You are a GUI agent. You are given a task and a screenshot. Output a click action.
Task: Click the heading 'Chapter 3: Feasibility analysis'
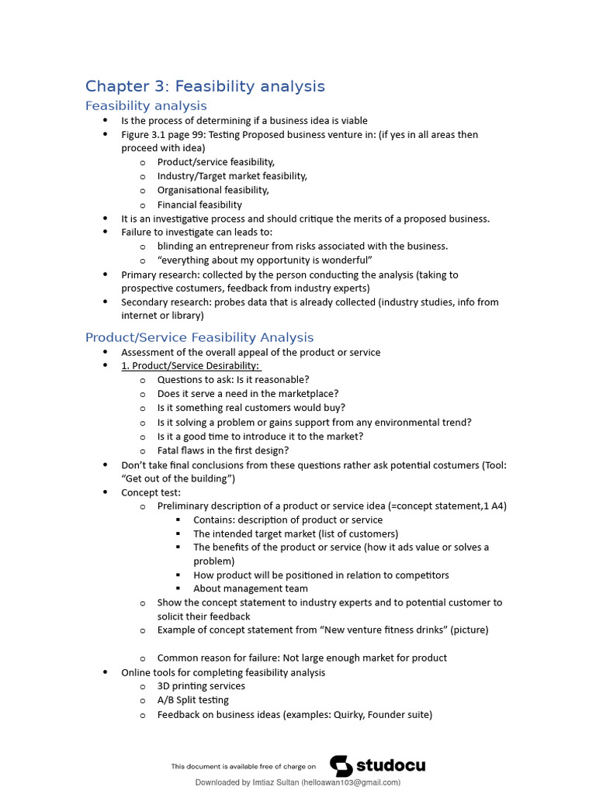click(205, 86)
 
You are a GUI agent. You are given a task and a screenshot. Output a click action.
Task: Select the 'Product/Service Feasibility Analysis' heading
click(199, 337)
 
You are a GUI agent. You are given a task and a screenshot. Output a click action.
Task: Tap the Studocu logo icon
click(341, 765)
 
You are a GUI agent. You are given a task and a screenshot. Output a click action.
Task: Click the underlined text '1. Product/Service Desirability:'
click(191, 366)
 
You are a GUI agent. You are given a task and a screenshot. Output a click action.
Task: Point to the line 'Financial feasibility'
click(199, 205)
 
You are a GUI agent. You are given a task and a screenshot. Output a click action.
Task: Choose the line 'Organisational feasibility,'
click(213, 190)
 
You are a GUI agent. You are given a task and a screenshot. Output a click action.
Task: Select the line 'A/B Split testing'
click(193, 700)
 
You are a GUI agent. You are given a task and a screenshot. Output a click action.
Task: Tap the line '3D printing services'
click(201, 686)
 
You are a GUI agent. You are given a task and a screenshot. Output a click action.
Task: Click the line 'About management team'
click(251, 589)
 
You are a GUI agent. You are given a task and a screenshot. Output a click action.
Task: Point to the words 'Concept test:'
click(151, 492)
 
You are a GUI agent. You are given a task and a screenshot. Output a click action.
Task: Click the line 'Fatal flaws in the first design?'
click(223, 451)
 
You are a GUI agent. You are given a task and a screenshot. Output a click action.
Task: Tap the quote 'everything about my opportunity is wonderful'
click(265, 260)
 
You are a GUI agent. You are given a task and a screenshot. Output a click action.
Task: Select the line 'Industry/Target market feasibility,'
click(232, 176)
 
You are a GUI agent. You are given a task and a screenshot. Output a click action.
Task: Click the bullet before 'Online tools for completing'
click(106, 672)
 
